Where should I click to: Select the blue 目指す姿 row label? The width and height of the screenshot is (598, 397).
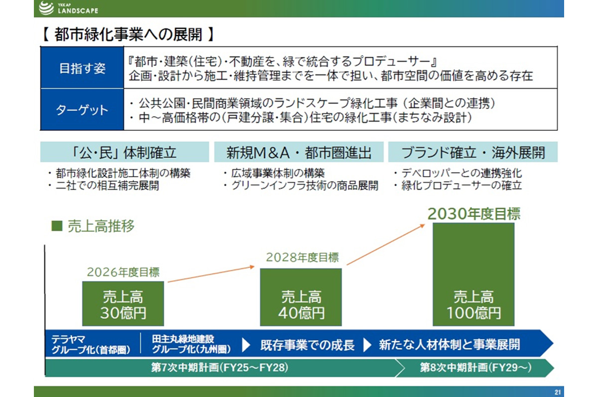[x=82, y=68]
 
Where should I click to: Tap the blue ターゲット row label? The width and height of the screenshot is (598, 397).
[x=82, y=109]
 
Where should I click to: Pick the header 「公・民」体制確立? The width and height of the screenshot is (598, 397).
[x=125, y=152]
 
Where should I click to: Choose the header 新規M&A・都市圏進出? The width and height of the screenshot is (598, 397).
[x=299, y=152]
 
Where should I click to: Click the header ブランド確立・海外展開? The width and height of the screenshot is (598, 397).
[x=472, y=152]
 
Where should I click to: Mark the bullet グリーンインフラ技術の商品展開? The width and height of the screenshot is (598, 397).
[x=301, y=186]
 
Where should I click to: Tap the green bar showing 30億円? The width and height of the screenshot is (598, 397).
[x=123, y=303]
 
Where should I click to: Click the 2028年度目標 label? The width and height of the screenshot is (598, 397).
[x=302, y=257]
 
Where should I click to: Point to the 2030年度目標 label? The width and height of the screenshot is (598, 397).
[x=474, y=214]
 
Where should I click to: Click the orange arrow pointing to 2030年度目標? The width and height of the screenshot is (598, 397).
[x=386, y=244]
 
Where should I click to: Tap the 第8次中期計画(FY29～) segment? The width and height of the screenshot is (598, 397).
[x=476, y=368]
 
